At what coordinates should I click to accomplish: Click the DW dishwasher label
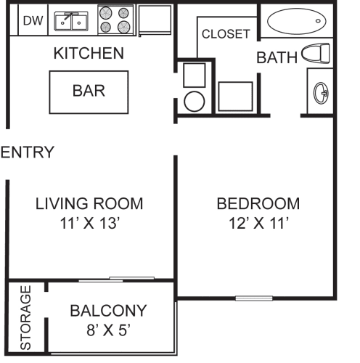[33, 21]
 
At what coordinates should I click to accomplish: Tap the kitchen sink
[71, 22]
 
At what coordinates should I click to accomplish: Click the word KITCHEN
[89, 53]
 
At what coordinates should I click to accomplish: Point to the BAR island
[89, 91]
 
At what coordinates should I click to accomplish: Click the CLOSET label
[226, 34]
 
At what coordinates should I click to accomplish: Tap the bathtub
[295, 22]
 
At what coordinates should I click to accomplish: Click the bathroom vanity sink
[320, 91]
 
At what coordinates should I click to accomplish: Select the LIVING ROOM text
[89, 203]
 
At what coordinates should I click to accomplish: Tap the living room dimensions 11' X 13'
[89, 224]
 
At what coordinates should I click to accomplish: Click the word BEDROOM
[258, 203]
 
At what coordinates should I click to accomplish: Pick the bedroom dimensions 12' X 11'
[258, 224]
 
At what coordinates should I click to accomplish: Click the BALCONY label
[108, 311]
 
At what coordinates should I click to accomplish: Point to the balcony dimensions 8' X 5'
[108, 330]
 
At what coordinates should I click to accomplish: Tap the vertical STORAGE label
[26, 318]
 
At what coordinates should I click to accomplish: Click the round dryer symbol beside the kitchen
[194, 101]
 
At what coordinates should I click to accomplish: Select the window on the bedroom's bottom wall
[254, 298]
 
